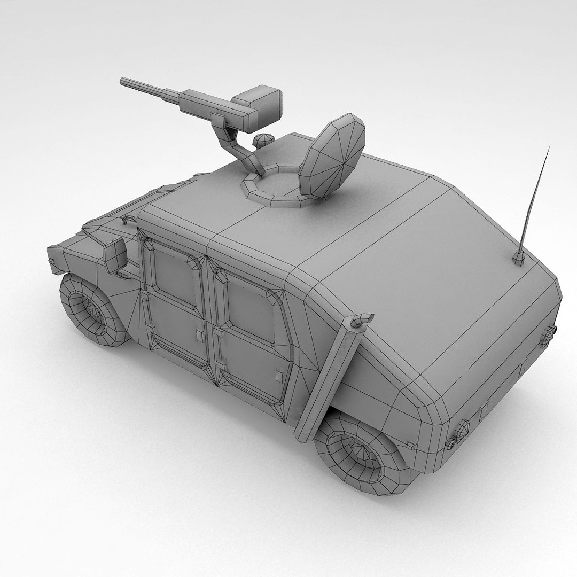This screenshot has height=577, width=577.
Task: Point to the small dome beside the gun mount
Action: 263,140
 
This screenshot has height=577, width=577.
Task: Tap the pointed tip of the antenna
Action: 549,146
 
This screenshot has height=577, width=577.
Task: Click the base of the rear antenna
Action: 518,259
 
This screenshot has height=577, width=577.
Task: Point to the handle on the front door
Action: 200,336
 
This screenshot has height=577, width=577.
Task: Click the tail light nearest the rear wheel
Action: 461,431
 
